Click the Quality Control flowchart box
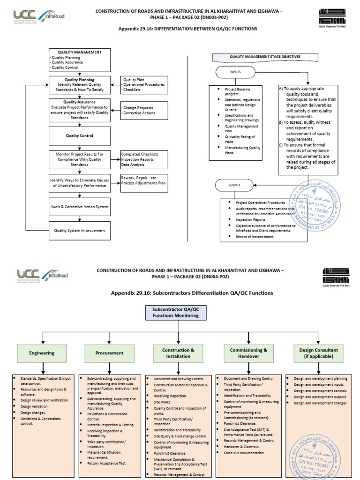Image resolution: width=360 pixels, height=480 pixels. coord(80,136)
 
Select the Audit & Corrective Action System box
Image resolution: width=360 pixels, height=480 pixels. coord(80,206)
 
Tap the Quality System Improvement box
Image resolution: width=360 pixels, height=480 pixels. coord(80,230)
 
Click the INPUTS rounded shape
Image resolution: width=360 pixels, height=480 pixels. coord(235,73)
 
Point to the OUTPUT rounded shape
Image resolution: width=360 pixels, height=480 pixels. coord(234,185)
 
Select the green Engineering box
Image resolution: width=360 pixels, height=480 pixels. coord(42,353)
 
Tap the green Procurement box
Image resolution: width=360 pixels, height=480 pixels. coord(110,353)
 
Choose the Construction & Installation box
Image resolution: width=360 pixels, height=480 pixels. coord(178,353)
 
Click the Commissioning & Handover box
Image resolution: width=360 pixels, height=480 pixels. coord(248,353)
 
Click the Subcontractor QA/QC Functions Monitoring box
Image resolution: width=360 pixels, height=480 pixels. coord(178,313)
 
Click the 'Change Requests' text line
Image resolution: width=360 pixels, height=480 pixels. coord(139,108)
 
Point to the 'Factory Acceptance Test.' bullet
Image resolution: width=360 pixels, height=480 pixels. coord(107,463)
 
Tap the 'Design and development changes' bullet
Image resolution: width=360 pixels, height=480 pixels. coord(320,403)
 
